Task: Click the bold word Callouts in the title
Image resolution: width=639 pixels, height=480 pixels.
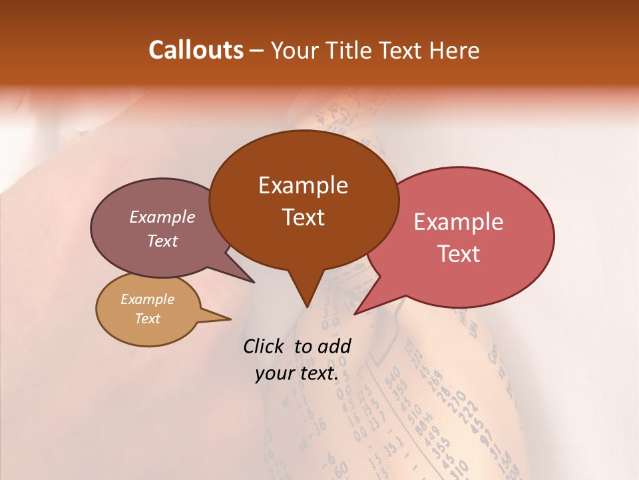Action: (196, 50)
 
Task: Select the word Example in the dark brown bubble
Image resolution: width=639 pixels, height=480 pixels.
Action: (303, 185)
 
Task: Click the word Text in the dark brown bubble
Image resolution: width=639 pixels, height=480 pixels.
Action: (303, 217)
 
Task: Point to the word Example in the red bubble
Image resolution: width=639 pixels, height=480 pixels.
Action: (459, 222)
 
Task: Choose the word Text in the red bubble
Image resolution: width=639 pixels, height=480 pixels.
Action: (459, 254)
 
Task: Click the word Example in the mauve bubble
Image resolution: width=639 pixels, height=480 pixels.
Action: (162, 217)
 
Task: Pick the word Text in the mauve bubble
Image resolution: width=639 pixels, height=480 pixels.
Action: (162, 241)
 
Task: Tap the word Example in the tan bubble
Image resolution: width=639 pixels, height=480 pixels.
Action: (147, 299)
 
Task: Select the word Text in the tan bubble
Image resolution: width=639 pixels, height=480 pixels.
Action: (147, 319)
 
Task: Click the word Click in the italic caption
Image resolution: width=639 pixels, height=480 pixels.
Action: (264, 346)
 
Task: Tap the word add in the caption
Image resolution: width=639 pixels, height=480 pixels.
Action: (335, 346)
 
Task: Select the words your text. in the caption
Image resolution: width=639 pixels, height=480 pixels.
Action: (297, 373)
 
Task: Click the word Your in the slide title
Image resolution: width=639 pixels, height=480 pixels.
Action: (293, 50)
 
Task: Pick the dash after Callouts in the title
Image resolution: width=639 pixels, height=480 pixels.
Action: (258, 51)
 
